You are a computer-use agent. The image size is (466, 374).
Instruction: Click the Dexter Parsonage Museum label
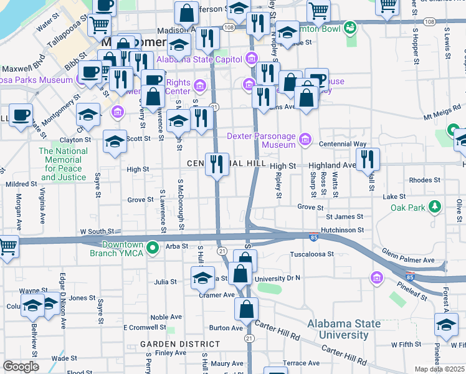(260, 140)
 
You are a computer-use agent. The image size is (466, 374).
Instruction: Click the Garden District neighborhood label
(169, 344)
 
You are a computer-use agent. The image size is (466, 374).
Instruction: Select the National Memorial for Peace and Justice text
(63, 164)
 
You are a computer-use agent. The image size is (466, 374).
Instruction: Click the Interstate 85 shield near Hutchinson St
(315, 236)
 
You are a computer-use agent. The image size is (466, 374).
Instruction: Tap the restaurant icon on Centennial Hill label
(217, 165)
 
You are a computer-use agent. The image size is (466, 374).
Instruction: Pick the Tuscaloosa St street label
(312, 254)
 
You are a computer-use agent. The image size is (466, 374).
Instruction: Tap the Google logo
(21, 366)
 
